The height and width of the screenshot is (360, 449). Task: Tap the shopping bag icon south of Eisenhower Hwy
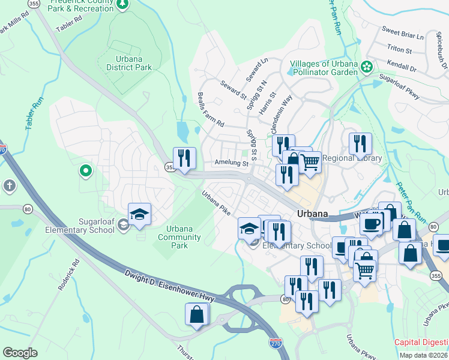197,315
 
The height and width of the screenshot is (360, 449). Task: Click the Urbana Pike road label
216,203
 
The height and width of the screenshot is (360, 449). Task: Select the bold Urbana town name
313,214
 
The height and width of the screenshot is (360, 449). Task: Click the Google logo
20,353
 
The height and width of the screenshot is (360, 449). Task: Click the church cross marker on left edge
8,185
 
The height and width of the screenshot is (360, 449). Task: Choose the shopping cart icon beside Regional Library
310,161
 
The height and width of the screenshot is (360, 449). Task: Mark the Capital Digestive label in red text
421,343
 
